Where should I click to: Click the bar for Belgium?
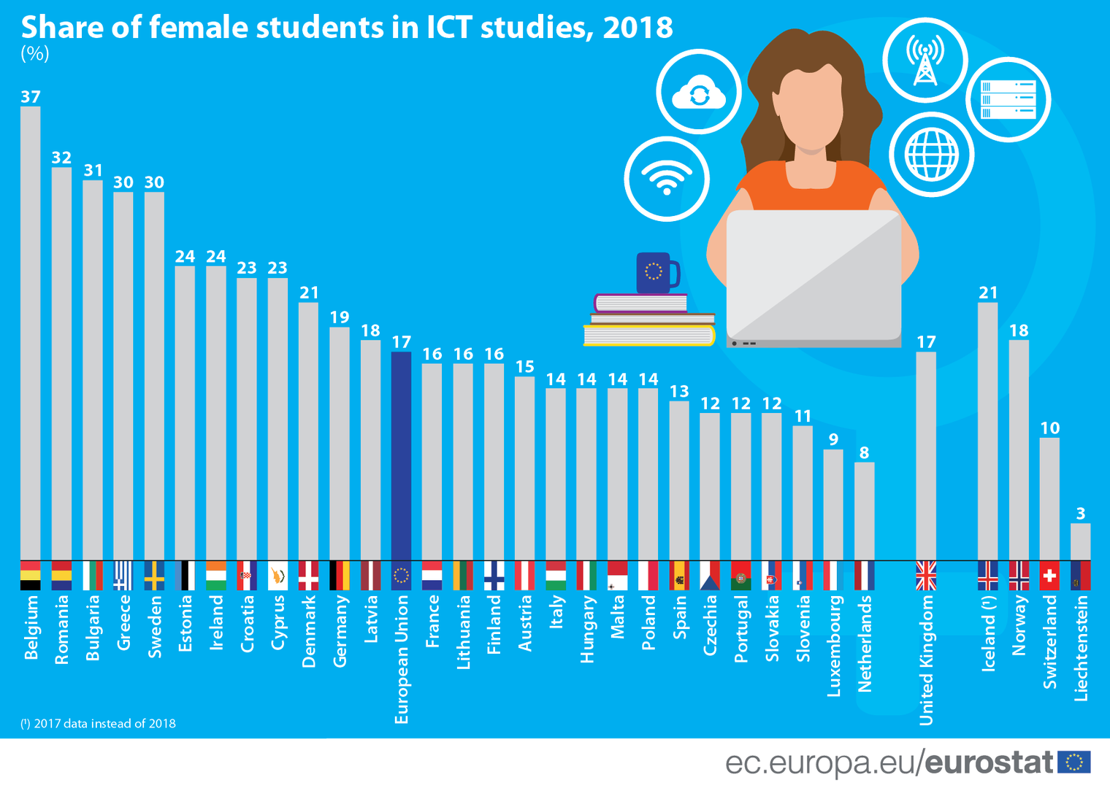(31, 333)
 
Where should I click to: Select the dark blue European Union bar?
(401, 456)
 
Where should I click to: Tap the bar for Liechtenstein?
(1080, 541)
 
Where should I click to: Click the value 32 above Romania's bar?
(61, 158)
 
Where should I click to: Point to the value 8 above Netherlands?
(864, 453)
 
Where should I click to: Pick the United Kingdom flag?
(926, 576)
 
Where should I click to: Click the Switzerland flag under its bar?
(1049, 576)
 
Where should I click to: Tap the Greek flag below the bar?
(123, 576)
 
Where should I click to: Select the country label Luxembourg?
(834, 646)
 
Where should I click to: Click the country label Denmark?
(309, 631)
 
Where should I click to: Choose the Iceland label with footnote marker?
(988, 633)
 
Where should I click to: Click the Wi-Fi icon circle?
(667, 178)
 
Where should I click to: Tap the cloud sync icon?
(699, 93)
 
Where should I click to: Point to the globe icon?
(931, 154)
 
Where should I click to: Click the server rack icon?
(1008, 98)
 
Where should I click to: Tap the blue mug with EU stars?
(657, 273)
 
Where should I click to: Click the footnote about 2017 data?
(99, 724)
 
